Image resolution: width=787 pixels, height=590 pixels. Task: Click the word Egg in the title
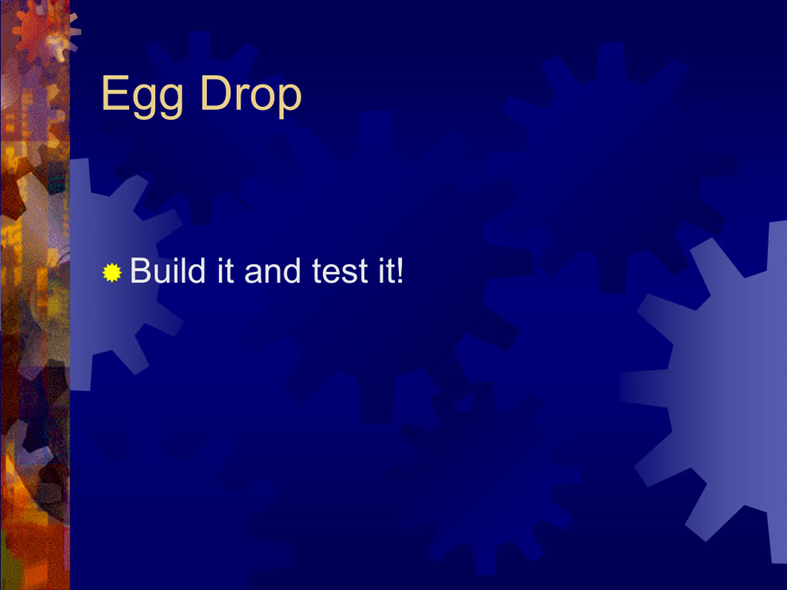[142, 96]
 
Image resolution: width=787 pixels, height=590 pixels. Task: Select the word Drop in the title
[251, 96]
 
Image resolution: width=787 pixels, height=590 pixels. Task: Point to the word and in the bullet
[273, 271]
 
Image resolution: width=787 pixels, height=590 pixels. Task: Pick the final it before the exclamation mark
[386, 271]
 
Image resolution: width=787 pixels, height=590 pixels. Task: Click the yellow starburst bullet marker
[112, 273]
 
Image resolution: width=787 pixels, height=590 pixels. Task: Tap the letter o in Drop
[262, 97]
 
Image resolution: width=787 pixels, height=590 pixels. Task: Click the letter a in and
[253, 274]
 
